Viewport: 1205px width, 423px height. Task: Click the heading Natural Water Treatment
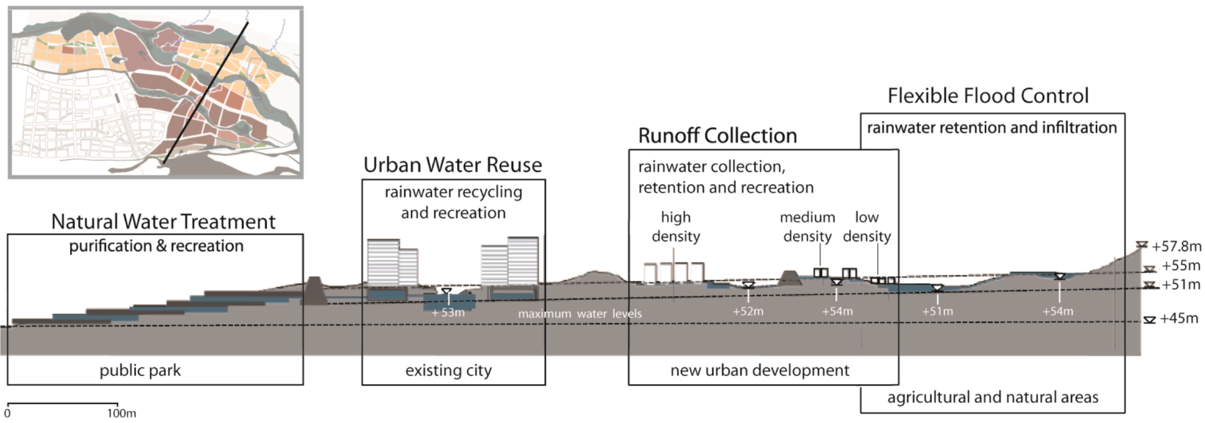pyautogui.click(x=163, y=222)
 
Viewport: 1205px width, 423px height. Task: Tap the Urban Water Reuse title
pyautogui.click(x=452, y=165)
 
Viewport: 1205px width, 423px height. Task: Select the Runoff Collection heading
pyautogui.click(x=717, y=135)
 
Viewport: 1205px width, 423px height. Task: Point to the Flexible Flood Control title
pyautogui.click(x=988, y=96)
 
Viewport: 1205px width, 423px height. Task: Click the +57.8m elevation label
pyautogui.click(x=1176, y=246)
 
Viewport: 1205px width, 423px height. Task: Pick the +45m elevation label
pyautogui.click(x=1178, y=319)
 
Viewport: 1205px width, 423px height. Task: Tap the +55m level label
pyautogui.click(x=1180, y=266)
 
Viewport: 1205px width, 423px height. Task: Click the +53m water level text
pyautogui.click(x=448, y=313)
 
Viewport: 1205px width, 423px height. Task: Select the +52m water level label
pyautogui.click(x=747, y=311)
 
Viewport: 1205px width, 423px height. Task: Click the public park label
pyautogui.click(x=140, y=370)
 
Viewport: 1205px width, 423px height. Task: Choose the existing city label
pyautogui.click(x=448, y=370)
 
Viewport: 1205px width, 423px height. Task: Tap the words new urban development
pyautogui.click(x=759, y=370)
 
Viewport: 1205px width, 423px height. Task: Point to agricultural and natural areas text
pyautogui.click(x=992, y=398)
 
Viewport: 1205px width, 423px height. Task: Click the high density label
pyautogui.click(x=676, y=226)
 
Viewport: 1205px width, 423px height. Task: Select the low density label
pyautogui.click(x=866, y=226)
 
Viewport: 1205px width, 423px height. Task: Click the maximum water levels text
pyautogui.click(x=579, y=313)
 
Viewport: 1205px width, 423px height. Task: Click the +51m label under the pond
pyautogui.click(x=937, y=311)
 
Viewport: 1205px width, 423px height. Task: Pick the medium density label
pyautogui.click(x=808, y=226)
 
